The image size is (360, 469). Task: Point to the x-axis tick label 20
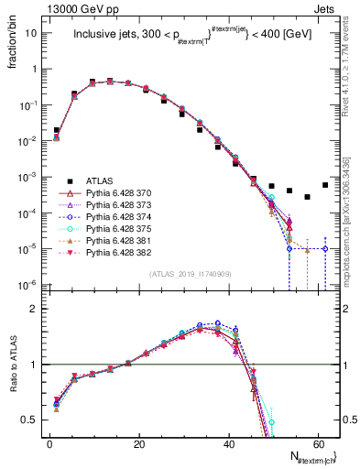[138, 442]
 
